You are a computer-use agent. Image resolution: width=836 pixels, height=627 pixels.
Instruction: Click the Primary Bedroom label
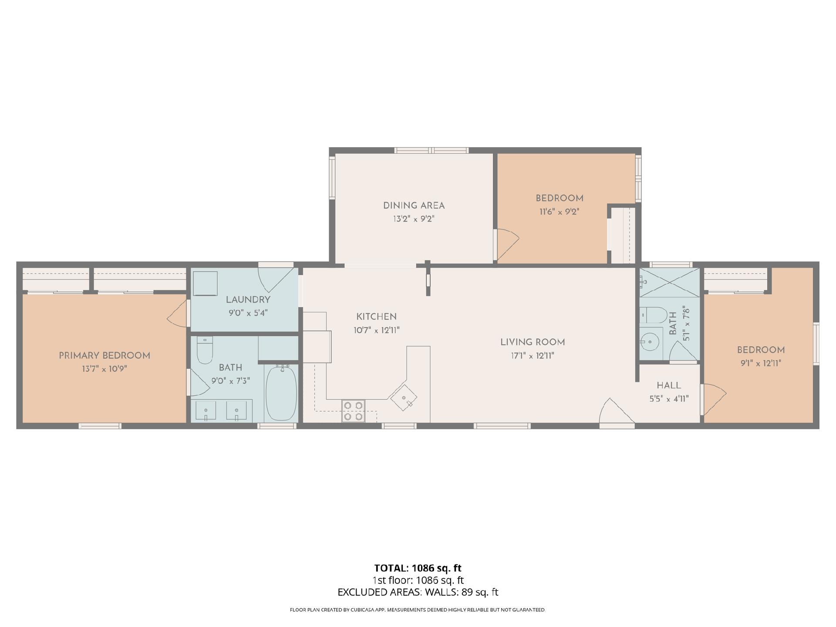[x=104, y=356]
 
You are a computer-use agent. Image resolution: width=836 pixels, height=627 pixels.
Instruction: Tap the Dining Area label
[x=414, y=206]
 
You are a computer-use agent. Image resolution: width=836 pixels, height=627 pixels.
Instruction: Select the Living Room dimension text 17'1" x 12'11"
[x=533, y=356]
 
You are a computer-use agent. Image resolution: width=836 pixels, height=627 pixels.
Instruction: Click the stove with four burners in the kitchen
[x=353, y=411]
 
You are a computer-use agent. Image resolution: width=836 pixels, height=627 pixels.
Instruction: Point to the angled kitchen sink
[x=404, y=398]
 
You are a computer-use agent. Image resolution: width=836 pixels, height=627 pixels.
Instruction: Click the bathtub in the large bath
[x=281, y=393]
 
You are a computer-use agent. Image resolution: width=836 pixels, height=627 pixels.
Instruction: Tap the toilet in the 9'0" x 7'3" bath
[x=205, y=350]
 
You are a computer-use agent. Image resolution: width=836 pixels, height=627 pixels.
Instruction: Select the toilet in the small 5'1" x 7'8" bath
[x=653, y=315]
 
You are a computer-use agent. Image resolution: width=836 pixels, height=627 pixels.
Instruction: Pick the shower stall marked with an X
[x=669, y=283]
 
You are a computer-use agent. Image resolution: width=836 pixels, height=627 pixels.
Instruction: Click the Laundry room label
[x=248, y=300]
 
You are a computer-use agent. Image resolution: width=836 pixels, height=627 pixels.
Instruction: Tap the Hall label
[x=669, y=385]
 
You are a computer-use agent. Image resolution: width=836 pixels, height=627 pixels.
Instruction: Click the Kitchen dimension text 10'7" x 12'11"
[x=377, y=330]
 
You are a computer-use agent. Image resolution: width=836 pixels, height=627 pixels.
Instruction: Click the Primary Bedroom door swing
[x=177, y=313]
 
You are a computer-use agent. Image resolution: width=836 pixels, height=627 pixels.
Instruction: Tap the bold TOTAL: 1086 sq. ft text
[x=418, y=568]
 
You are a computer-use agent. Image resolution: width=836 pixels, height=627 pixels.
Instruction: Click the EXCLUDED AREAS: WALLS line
[x=418, y=592]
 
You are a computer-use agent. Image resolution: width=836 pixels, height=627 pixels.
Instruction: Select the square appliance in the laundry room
[x=205, y=283]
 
